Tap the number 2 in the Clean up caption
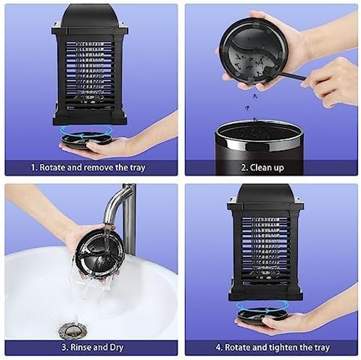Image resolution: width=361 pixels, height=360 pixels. (x=243, y=168)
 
